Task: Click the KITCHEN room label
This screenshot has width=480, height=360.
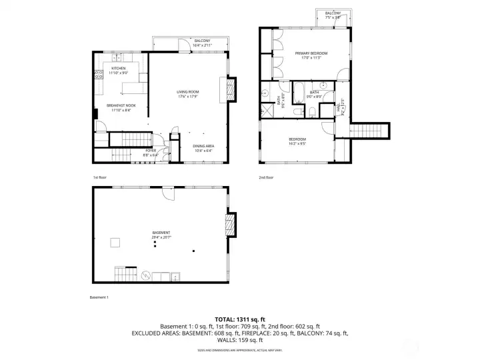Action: (x=119, y=69)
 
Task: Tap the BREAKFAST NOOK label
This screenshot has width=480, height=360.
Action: (x=121, y=105)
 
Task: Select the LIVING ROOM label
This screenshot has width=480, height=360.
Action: (x=188, y=92)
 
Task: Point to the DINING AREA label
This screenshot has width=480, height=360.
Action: (x=203, y=146)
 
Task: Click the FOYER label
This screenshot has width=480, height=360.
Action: (x=151, y=151)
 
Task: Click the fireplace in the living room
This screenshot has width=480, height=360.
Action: (x=231, y=89)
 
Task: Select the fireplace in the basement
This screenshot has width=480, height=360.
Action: (x=231, y=224)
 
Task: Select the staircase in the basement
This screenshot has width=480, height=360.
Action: (x=125, y=273)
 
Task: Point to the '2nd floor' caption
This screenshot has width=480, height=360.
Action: (x=266, y=177)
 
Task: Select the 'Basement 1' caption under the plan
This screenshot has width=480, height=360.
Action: (x=99, y=297)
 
